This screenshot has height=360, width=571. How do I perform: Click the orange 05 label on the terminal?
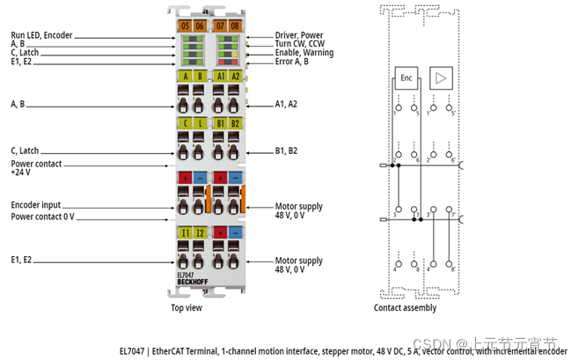pos(184,26)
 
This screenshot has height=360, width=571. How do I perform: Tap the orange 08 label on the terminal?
pos(235,26)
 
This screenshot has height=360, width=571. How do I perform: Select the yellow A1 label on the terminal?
pos(221,76)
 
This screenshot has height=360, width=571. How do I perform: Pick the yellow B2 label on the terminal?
pos(235,122)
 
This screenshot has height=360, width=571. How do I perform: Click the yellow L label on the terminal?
pos(200,122)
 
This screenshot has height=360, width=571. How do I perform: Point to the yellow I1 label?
pos(185,231)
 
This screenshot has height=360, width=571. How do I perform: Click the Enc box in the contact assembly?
pos(406,77)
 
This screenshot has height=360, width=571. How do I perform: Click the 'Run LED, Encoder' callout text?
pos(41,35)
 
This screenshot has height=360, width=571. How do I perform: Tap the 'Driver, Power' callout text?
pos(298,35)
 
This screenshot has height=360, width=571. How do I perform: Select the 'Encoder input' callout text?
pos(36,205)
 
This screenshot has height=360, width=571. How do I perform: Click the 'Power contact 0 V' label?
pos(42,216)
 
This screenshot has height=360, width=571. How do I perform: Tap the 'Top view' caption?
pos(187,308)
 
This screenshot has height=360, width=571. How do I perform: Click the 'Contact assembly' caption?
pos(406,308)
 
